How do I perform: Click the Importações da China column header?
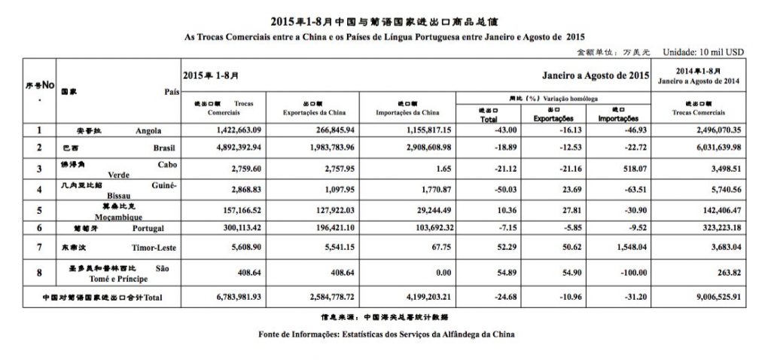coord(407,111)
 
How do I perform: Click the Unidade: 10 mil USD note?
coord(702,53)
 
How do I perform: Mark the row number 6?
coord(38,226)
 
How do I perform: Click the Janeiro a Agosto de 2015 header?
coord(596,77)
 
